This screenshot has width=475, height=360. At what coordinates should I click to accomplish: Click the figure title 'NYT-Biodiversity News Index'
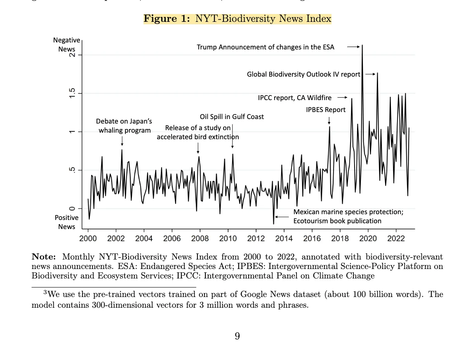(x=263, y=19)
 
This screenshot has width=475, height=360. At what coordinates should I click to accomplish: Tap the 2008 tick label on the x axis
(x=200, y=238)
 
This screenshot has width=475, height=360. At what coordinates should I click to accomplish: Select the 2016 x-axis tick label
(x=312, y=238)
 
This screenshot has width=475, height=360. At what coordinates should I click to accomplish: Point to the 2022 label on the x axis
(x=396, y=238)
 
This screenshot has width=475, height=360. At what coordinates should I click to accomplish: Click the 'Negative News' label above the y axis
(x=66, y=44)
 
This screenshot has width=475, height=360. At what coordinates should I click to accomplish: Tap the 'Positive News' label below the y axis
(x=66, y=222)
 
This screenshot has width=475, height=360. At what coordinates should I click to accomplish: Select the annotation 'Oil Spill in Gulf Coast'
(x=232, y=117)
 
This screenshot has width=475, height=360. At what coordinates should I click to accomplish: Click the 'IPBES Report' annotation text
(x=326, y=110)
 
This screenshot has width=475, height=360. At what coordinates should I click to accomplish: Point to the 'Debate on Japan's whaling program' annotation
(x=124, y=126)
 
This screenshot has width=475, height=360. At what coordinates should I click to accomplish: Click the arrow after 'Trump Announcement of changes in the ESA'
(x=353, y=47)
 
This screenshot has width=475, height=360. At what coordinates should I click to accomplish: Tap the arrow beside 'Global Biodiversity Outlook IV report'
(x=370, y=74)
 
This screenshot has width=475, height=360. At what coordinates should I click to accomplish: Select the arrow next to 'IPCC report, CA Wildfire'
(x=342, y=98)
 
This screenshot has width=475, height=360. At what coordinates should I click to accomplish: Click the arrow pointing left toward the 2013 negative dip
(x=282, y=217)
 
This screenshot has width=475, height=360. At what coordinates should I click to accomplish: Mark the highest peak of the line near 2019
(x=362, y=45)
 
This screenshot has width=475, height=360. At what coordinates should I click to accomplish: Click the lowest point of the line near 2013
(x=273, y=224)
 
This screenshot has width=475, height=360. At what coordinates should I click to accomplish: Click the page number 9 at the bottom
(x=237, y=337)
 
